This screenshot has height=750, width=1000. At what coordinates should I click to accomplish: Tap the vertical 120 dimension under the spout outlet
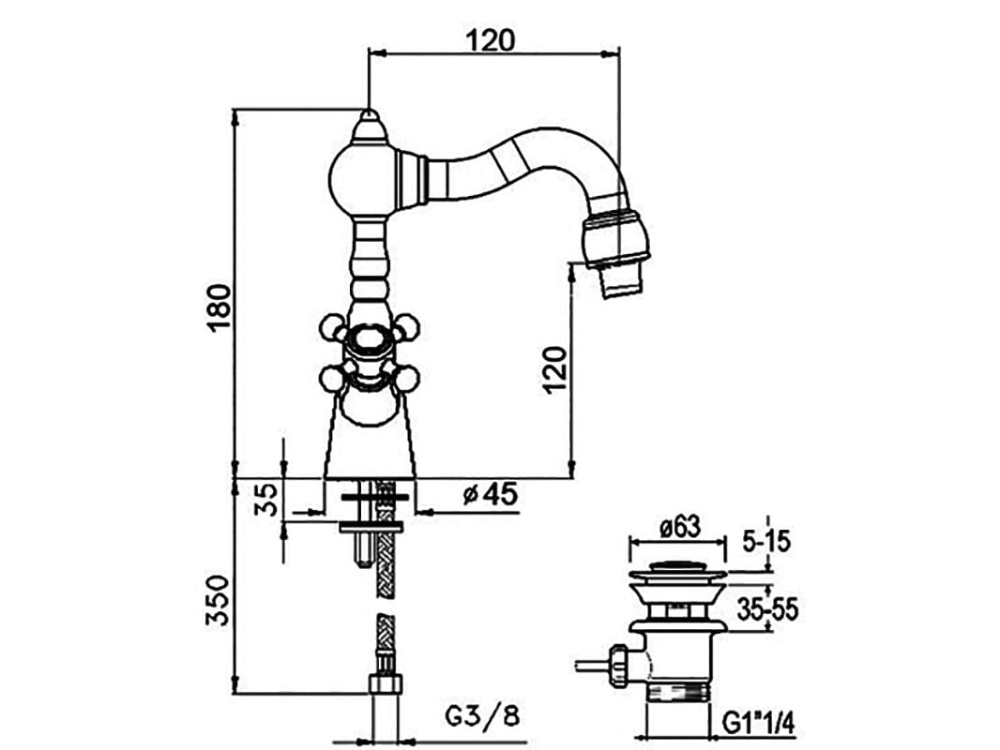[x=554, y=368]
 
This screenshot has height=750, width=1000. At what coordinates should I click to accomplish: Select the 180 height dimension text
[x=218, y=306]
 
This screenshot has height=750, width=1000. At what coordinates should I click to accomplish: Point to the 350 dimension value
[x=218, y=601]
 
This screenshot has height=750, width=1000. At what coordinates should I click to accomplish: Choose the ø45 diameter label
[x=490, y=494]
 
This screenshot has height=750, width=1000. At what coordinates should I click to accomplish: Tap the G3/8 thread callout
[x=480, y=717]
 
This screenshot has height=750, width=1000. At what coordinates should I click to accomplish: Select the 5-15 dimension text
[x=765, y=540]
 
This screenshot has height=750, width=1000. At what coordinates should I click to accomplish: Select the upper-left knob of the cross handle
[x=332, y=327]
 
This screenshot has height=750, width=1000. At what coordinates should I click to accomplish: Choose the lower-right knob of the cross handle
[x=405, y=379]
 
